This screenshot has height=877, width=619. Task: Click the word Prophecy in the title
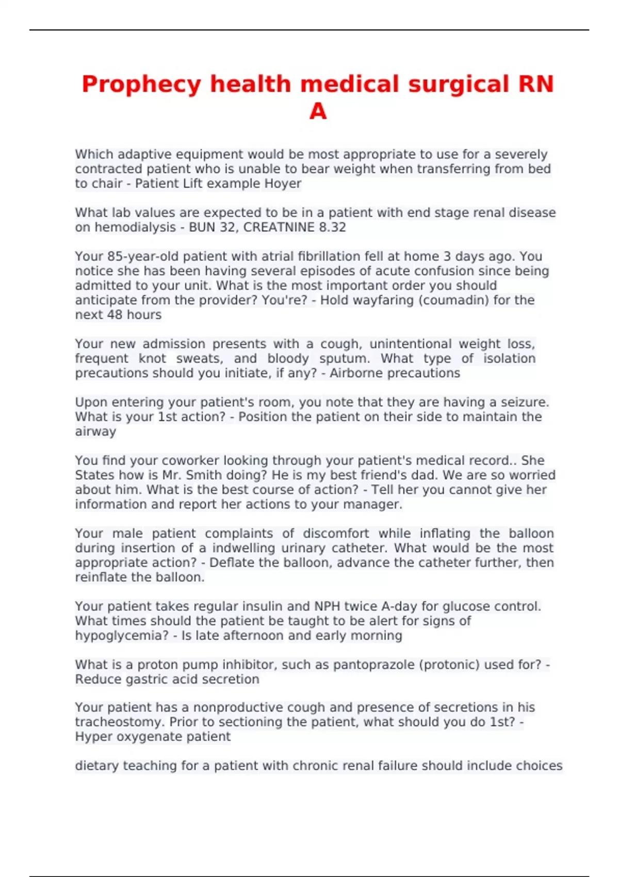point(141,85)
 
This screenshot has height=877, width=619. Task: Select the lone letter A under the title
point(318,111)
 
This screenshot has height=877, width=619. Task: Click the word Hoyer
point(283,184)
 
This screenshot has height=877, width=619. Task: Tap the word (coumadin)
point(453,300)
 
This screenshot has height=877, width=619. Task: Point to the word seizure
point(524,402)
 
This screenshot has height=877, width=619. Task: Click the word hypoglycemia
point(122,636)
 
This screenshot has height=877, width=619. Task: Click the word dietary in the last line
point(96,766)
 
